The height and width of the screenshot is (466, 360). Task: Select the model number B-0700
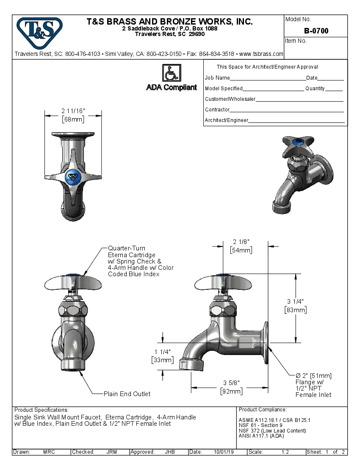click(316, 31)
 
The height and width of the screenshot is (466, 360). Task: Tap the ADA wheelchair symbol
click(172, 73)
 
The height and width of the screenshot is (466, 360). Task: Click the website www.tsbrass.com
click(261, 54)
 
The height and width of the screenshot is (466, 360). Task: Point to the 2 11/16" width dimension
click(73, 111)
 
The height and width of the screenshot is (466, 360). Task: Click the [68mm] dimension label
click(73, 119)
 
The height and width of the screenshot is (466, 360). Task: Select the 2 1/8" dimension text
click(241, 241)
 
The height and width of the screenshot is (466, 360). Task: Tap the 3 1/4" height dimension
click(295, 301)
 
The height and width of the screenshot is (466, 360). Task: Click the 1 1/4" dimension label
click(162, 352)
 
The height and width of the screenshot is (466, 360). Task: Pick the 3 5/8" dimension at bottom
click(231, 383)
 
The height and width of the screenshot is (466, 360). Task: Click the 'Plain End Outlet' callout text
click(127, 394)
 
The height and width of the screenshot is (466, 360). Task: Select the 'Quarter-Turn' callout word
click(127, 248)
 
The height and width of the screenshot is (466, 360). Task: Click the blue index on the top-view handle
click(73, 176)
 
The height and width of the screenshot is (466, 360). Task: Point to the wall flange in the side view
click(266, 342)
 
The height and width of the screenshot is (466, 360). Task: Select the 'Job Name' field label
click(217, 78)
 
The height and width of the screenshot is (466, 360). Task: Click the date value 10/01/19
click(224, 452)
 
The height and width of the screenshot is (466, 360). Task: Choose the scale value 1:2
click(285, 452)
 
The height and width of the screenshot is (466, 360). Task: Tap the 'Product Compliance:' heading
click(263, 410)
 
